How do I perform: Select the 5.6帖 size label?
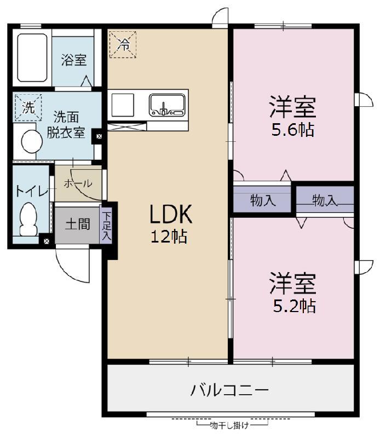(x=293, y=131)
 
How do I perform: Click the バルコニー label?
(x=229, y=390)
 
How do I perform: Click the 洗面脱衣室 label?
(x=65, y=124)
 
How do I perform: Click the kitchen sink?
(x=166, y=104)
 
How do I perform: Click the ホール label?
(x=78, y=184)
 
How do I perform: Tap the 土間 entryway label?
(x=77, y=224)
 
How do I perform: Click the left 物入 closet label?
(x=262, y=200)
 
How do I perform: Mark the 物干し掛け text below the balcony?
(x=230, y=425)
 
